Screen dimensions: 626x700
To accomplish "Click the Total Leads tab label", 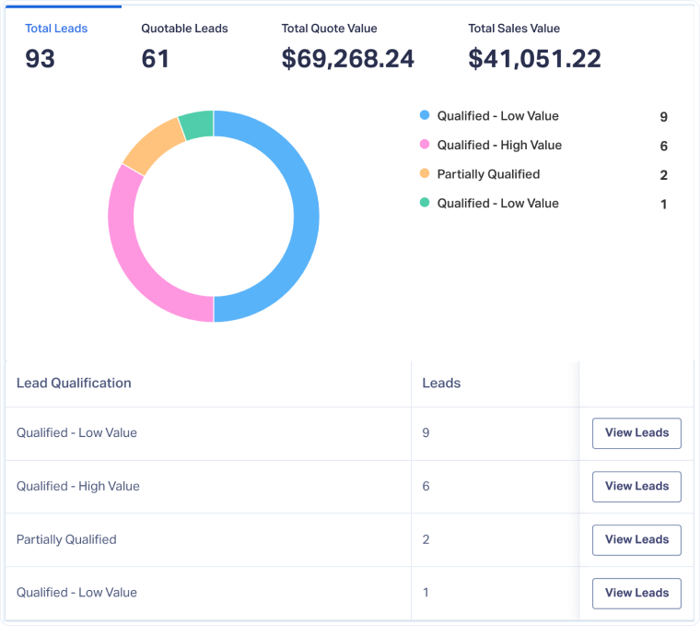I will point(56,29).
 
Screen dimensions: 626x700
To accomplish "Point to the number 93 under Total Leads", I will point(41,59).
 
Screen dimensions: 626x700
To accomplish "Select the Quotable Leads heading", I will point(184,29).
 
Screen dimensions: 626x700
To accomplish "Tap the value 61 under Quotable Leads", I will point(156,59).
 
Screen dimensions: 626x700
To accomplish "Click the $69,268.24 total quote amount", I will point(348,59).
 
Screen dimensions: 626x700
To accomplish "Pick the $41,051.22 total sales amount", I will point(534,59).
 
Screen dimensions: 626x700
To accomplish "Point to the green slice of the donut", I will point(196,124).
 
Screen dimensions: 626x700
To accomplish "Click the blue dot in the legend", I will point(425,116).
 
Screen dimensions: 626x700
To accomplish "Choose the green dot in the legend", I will point(425,203).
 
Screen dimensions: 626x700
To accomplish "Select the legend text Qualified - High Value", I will point(499,145).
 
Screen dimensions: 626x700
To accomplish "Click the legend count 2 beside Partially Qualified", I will point(663,175).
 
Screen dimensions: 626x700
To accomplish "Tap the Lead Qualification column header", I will point(74,383).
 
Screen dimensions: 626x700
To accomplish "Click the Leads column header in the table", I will point(441,383).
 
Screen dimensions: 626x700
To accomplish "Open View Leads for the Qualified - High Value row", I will point(636,486).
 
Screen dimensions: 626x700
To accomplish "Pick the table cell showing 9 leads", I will point(426,432).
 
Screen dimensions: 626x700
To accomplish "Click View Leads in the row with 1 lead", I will point(636,593).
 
